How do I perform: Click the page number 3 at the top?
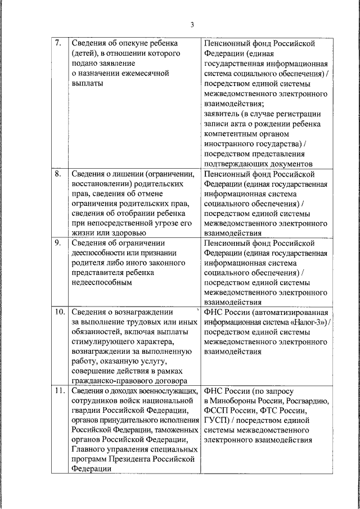191,24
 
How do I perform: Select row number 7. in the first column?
58,43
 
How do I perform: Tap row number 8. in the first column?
58,174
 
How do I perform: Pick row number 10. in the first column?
59,312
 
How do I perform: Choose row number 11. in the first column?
59,391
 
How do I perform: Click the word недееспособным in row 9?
101,282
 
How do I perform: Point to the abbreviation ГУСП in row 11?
217,420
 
